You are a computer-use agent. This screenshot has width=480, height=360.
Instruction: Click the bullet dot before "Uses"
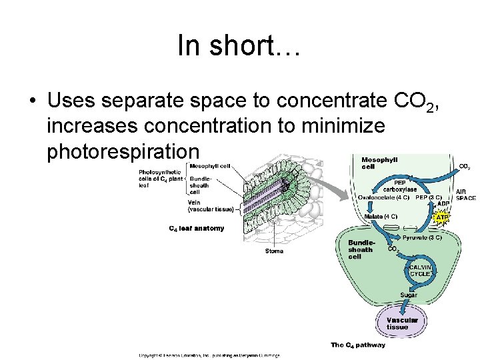coord(32,101)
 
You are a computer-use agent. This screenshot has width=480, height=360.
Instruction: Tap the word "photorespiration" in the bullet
coord(124,151)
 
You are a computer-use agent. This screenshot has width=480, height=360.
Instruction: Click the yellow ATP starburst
coord(442,217)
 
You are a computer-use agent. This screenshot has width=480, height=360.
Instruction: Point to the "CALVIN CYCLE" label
coord(421,270)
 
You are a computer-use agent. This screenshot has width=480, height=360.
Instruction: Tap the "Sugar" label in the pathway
coord(409,295)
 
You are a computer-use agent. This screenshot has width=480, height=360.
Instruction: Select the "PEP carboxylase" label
coord(400,185)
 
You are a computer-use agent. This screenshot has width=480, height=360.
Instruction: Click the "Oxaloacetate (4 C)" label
coord(385,197)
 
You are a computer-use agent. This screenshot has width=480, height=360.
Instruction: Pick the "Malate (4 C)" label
coord(381,216)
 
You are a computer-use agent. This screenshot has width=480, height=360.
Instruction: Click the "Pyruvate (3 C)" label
coord(421,237)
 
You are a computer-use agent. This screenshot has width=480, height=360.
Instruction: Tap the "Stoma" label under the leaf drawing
coord(274,251)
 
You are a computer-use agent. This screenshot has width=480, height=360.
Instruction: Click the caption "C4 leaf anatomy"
coord(197,229)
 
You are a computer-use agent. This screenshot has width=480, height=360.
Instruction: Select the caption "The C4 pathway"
coord(358,345)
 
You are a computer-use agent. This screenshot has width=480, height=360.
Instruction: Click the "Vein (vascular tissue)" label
coord(211,206)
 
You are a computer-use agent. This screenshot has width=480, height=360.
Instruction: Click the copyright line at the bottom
coord(209,355)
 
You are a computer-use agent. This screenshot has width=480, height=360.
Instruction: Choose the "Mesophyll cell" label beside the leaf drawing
coord(210,166)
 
